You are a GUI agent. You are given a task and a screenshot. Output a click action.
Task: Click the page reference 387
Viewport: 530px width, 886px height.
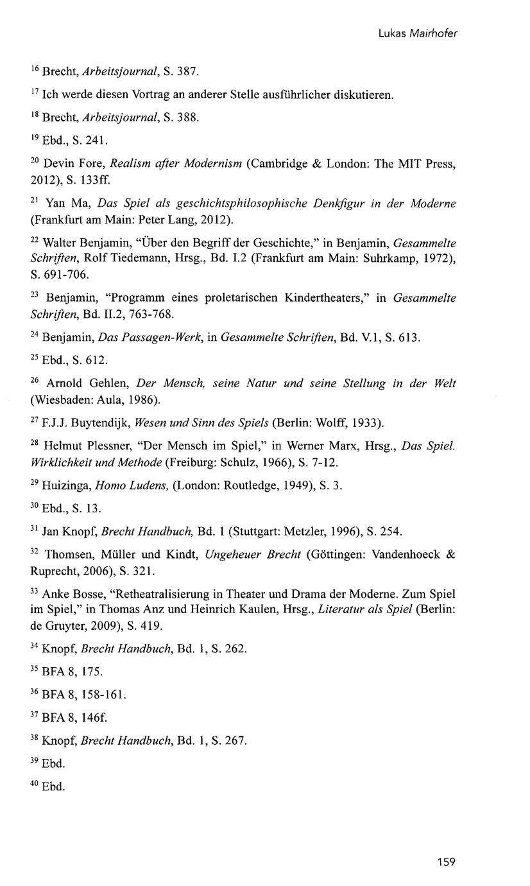(x=187, y=71)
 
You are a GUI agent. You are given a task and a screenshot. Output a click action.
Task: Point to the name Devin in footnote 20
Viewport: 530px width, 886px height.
(x=58, y=165)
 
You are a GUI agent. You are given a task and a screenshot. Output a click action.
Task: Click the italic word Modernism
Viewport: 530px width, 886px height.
(x=213, y=165)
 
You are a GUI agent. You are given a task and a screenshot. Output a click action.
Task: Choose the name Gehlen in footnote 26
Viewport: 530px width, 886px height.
(x=110, y=383)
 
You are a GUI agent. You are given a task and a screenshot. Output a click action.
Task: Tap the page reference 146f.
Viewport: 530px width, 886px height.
(x=86, y=717)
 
